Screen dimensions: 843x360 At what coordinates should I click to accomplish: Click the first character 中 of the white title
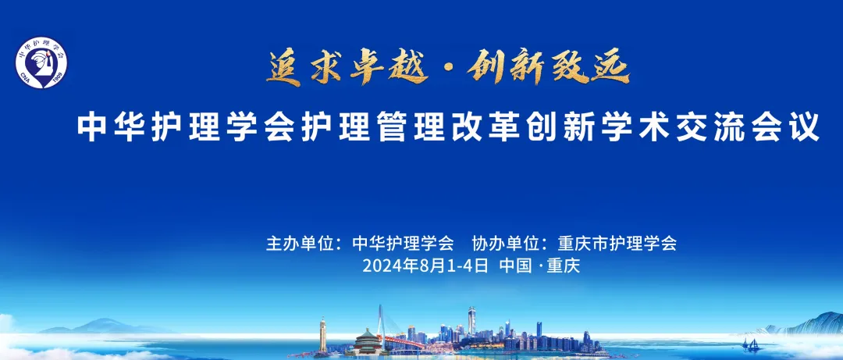tap(91, 127)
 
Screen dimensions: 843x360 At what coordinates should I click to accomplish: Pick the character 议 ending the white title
tap(805, 127)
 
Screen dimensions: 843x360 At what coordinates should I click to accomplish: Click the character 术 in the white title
tap(655, 127)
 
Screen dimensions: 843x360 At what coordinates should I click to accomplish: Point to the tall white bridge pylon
tap(381, 323)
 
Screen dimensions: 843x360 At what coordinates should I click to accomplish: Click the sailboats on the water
tap(752, 344)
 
